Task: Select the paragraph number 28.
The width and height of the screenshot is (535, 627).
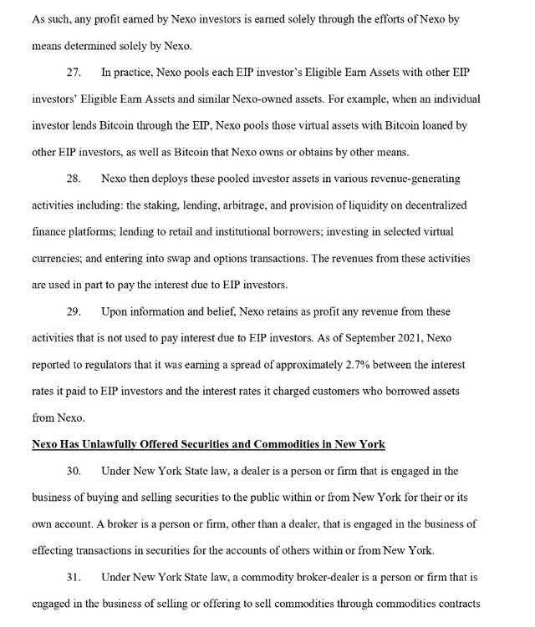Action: click(74, 179)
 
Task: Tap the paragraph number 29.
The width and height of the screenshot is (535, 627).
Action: click(74, 311)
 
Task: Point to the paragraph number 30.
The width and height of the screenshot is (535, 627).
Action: click(74, 471)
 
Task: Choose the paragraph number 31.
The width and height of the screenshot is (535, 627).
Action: click(74, 577)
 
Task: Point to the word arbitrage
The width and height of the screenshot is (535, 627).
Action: click(237, 205)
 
